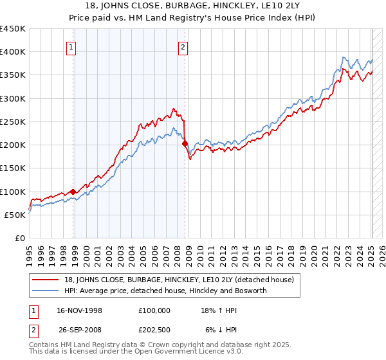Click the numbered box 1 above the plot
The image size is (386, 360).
tap(71, 46)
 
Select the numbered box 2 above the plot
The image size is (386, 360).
tap(183, 46)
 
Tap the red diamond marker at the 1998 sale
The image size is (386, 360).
tap(73, 192)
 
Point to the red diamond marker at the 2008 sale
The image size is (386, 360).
tap(185, 144)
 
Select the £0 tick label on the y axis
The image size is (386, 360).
tap(19, 239)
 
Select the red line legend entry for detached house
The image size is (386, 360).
tap(179, 280)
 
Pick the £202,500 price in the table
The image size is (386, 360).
tap(154, 330)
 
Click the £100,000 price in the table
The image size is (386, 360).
tap(154, 310)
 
